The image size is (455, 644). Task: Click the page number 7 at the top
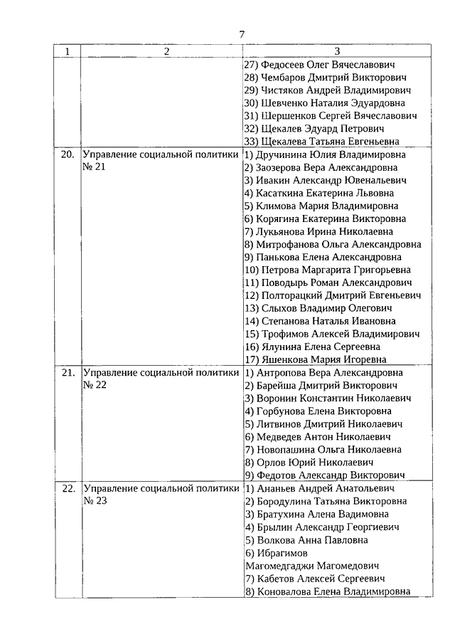242,34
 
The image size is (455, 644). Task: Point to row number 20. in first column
67,154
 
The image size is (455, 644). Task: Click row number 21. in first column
67,372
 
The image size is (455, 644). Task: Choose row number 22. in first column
67,489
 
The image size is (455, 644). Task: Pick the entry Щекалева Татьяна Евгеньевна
331,142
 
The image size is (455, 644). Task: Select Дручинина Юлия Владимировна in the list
326,154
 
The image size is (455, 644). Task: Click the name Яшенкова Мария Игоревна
321,359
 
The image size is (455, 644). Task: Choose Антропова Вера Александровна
324,372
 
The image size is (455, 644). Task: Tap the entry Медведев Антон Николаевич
318,437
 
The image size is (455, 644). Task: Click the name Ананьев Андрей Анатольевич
321,489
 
